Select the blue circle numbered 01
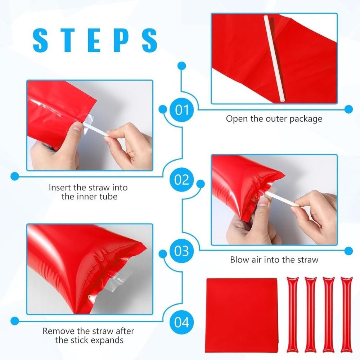[x=181, y=109]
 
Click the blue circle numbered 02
[x=181, y=179]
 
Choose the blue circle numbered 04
[x=181, y=321]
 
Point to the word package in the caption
[x=305, y=119]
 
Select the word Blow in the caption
[x=239, y=260]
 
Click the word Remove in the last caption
[x=57, y=331]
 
